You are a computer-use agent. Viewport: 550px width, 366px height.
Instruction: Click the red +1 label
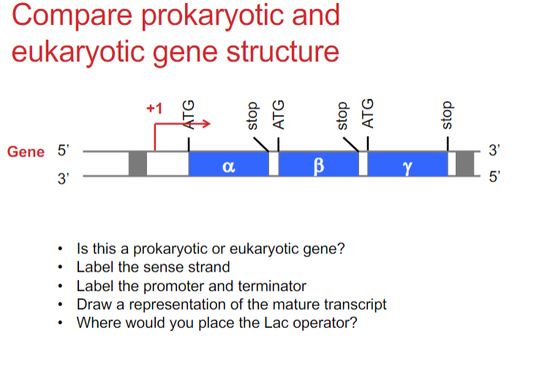pos(154,109)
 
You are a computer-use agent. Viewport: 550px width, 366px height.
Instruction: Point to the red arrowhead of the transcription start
pos(206,125)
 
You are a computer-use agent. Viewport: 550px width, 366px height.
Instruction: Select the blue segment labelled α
pos(227,164)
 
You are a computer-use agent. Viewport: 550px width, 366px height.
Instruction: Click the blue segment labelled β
pos(317,164)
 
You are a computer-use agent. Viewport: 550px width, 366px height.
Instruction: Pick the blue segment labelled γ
pos(407,164)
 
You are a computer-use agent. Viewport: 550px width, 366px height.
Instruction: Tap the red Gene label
pos(26,152)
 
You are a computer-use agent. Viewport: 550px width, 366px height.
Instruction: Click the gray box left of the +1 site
pos(137,164)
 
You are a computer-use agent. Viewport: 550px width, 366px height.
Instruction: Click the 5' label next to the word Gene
pos(62,152)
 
